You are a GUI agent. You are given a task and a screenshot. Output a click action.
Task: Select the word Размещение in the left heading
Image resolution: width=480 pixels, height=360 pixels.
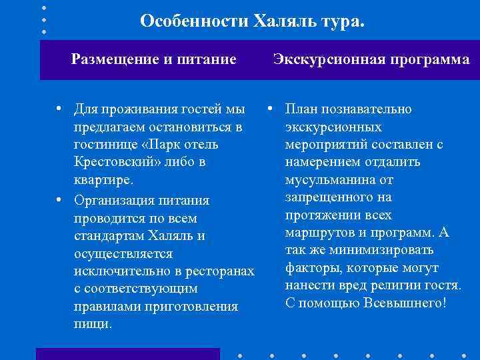111,59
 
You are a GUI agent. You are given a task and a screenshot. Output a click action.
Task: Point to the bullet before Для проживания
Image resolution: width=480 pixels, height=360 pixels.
59,109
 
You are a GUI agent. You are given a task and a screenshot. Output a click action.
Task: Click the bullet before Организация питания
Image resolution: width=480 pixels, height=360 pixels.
59,200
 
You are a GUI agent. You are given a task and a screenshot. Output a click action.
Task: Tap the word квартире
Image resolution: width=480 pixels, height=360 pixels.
103,180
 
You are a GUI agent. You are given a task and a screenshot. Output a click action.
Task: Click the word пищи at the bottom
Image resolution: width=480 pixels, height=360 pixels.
93,324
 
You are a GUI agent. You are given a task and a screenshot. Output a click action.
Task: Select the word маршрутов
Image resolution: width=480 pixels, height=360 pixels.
317,233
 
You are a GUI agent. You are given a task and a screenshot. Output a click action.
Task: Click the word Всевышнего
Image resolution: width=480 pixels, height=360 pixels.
404,303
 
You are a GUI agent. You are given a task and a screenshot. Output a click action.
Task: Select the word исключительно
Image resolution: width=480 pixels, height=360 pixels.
117,271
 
